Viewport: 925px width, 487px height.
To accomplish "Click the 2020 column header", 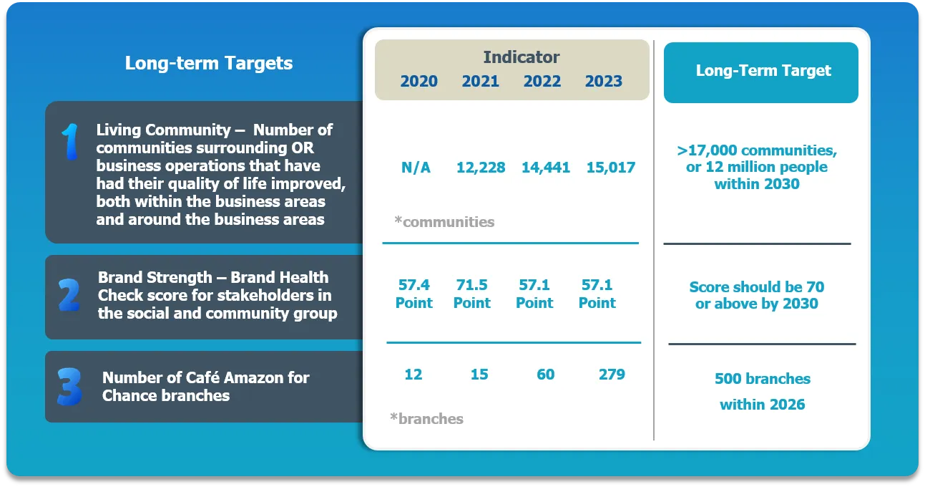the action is [x=419, y=81].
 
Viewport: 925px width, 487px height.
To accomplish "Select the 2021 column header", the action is [x=480, y=81].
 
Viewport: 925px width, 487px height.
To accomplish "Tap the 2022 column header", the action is [x=542, y=81].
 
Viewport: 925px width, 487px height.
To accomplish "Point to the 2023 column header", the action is [x=603, y=81].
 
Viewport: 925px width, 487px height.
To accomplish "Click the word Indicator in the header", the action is [x=521, y=57].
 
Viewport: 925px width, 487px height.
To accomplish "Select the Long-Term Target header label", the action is [x=763, y=70].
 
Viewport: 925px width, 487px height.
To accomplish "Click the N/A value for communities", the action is [x=416, y=168].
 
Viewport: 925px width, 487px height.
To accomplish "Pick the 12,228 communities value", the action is [x=481, y=168].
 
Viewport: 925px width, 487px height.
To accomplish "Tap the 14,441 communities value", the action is [x=546, y=168].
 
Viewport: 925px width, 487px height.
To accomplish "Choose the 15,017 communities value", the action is [x=611, y=168].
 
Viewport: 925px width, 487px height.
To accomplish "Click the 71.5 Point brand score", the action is [x=472, y=294].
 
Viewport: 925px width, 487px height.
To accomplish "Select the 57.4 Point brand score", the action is [x=413, y=294].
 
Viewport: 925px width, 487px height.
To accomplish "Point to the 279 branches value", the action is [x=612, y=374].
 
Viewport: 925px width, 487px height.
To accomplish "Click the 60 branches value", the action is [x=545, y=374].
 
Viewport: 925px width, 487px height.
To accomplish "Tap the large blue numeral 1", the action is [x=71, y=141].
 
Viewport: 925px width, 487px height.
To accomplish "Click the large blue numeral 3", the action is [x=69, y=387].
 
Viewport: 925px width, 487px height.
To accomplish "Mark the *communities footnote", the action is [x=444, y=222].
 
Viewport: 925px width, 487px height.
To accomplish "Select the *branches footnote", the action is [x=426, y=418].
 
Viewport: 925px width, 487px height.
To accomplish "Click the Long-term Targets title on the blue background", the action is [x=209, y=63].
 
